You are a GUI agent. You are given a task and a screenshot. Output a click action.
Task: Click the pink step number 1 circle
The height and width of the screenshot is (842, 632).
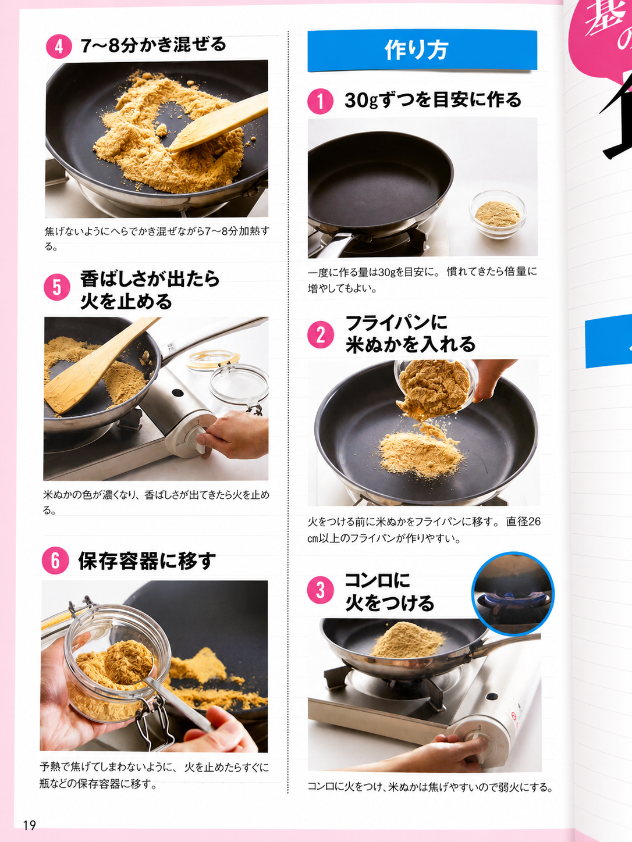(x=320, y=101)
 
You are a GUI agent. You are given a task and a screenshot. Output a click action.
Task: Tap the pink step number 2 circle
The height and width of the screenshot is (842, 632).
(x=321, y=334)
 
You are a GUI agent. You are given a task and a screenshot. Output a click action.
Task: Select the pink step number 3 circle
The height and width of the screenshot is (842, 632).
(x=321, y=590)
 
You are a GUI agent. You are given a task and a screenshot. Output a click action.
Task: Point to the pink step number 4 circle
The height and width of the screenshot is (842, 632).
(x=59, y=47)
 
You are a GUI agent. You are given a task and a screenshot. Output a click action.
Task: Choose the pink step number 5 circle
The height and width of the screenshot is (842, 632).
(x=57, y=288)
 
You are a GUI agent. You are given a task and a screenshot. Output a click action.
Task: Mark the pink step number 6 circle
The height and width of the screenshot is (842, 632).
(x=55, y=561)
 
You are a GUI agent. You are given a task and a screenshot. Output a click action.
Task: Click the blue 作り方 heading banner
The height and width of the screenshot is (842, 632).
(x=422, y=51)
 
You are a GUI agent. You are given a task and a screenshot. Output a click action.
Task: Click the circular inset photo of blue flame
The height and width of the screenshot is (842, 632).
(x=513, y=594)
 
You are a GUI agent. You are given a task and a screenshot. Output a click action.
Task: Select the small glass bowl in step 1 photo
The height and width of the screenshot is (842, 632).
(x=498, y=214)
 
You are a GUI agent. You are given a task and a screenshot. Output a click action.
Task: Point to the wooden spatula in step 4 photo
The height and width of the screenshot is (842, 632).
(x=219, y=122)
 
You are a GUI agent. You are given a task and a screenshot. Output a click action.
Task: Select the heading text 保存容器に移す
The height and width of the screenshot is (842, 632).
(x=147, y=561)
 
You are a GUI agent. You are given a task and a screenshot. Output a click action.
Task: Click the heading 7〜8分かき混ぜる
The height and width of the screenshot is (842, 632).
(x=154, y=45)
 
